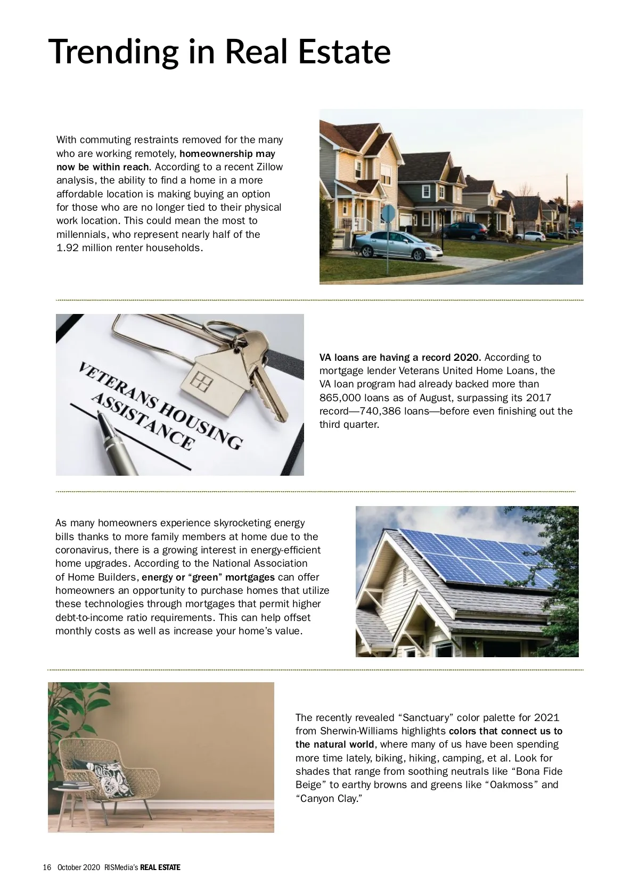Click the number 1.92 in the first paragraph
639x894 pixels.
point(68,248)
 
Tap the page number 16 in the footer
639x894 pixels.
point(47,867)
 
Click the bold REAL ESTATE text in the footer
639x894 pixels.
point(160,867)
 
